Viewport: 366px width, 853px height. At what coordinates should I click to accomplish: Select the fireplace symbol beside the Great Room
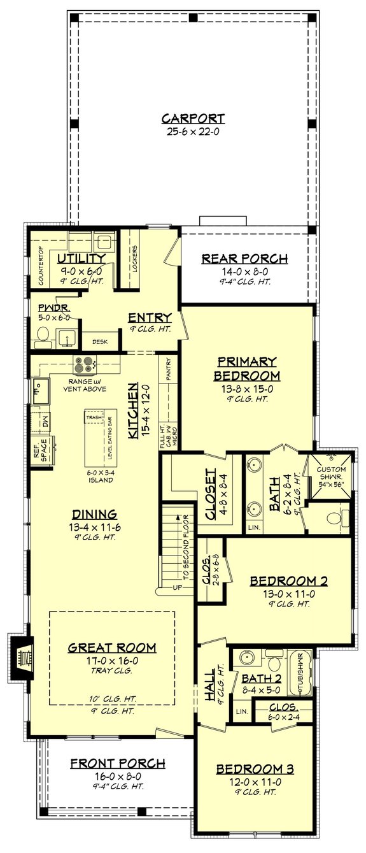click(x=24, y=656)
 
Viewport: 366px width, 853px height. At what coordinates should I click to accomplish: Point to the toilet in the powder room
click(x=44, y=334)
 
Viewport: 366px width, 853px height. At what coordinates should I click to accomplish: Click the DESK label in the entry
click(x=99, y=342)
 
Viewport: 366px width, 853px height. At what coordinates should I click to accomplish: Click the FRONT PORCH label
click(x=118, y=763)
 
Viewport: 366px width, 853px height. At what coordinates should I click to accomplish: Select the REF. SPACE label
click(x=39, y=450)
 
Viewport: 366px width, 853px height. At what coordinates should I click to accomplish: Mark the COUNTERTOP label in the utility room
click(x=39, y=268)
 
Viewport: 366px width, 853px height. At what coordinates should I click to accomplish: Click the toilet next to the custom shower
click(x=343, y=515)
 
